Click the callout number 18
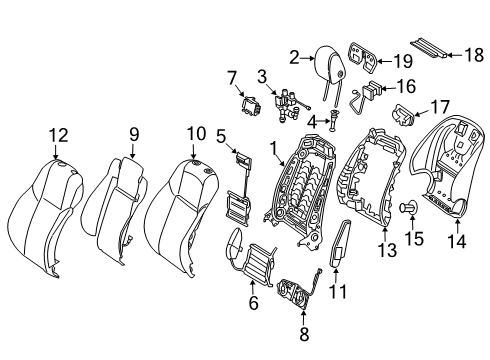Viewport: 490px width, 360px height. point(474,55)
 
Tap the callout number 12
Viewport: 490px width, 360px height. point(59,136)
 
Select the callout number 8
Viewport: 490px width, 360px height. point(304,334)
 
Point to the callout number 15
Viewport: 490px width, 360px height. point(414,239)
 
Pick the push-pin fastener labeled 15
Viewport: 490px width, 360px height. point(409,207)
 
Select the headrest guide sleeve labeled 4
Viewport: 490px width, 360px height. point(335,119)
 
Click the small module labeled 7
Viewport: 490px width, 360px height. point(250,105)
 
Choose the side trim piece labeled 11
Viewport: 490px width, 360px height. point(340,243)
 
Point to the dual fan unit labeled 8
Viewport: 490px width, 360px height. point(297,291)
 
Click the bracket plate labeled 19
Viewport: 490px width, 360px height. point(363,57)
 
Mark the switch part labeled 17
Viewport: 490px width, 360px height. point(403,115)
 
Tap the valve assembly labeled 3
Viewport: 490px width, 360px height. point(288,104)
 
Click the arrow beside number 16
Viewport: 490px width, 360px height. point(388,88)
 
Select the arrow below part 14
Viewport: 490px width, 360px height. point(458,226)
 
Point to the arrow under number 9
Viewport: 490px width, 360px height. point(133,151)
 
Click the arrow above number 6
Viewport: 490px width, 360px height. point(252,287)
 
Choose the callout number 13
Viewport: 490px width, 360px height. point(387,250)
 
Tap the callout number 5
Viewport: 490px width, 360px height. point(221,136)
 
